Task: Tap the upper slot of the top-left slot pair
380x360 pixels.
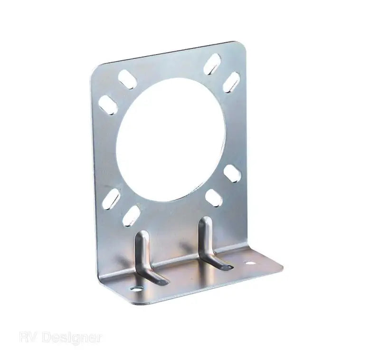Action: click(127, 79)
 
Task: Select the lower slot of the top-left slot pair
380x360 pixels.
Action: click(108, 105)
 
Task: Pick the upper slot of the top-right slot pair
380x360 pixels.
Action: click(212, 64)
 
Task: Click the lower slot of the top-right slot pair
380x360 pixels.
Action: click(231, 82)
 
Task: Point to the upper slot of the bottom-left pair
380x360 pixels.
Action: click(111, 199)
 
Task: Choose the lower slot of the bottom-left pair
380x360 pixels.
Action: click(131, 216)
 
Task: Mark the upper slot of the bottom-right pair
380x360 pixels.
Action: click(232, 173)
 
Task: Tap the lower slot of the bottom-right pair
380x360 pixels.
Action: click(214, 198)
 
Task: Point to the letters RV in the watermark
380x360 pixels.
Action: click(28, 338)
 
